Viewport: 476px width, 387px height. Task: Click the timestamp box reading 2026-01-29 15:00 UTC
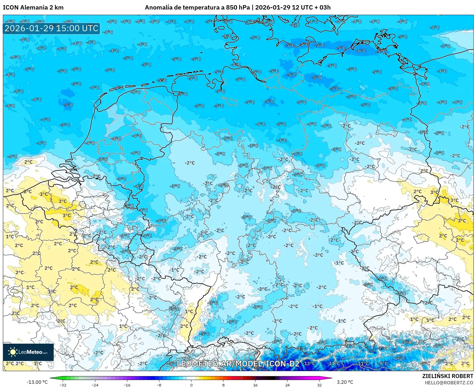(51, 28)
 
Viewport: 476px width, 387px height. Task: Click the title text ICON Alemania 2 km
(33, 8)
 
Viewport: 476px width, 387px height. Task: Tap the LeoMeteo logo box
(28, 352)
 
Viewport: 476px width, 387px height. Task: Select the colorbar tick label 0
(191, 385)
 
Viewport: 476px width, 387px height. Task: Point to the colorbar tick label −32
(63, 385)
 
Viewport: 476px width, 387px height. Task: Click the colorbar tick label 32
(319, 385)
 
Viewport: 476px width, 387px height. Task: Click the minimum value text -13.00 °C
(37, 382)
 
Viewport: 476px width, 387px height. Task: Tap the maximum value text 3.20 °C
(345, 382)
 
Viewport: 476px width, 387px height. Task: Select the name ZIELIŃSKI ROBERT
(448, 376)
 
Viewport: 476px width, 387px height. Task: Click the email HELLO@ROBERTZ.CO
(449, 382)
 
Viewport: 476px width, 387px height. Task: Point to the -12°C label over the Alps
(309, 363)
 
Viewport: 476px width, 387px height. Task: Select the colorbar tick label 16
(255, 385)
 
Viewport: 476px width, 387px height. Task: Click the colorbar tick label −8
(159, 385)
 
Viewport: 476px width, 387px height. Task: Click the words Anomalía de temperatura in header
(182, 8)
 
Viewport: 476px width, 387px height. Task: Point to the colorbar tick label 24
(287, 385)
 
